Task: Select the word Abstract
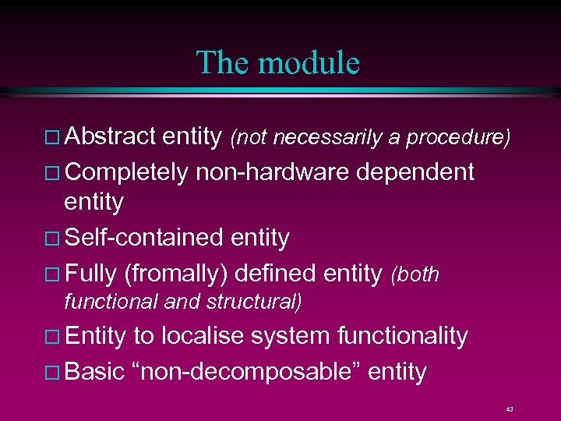pos(111,137)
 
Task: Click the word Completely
pos(127,171)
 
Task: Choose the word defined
pos(277,273)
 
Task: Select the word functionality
pos(402,336)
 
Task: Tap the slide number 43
pos(509,409)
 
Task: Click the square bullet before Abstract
pos(52,139)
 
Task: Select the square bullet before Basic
pos(52,373)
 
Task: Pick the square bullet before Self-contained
pos(52,239)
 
